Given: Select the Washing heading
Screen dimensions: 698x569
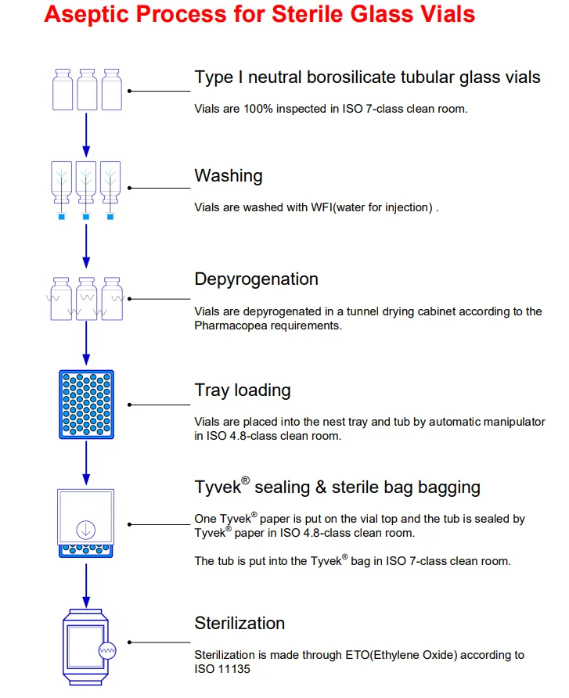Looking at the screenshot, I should click(x=228, y=175).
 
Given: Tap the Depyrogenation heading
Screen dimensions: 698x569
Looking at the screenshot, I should click(x=256, y=279).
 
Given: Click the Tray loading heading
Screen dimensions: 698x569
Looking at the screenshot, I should click(x=242, y=390).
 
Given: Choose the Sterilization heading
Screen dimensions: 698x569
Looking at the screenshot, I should click(x=239, y=623).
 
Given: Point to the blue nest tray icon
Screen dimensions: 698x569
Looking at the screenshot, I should click(x=87, y=404).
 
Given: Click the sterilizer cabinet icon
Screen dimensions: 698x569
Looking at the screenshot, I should click(x=86, y=643).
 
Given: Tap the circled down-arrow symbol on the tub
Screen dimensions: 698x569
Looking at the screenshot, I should click(x=86, y=529).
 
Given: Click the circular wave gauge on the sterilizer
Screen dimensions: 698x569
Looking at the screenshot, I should click(x=107, y=649).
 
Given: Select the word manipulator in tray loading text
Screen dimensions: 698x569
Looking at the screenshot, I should click(x=511, y=422).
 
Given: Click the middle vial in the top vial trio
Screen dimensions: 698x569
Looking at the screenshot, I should click(x=87, y=89).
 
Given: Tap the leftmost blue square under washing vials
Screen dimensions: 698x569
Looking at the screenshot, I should click(x=62, y=216).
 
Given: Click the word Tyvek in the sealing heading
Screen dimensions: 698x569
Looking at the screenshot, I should click(x=218, y=488).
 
